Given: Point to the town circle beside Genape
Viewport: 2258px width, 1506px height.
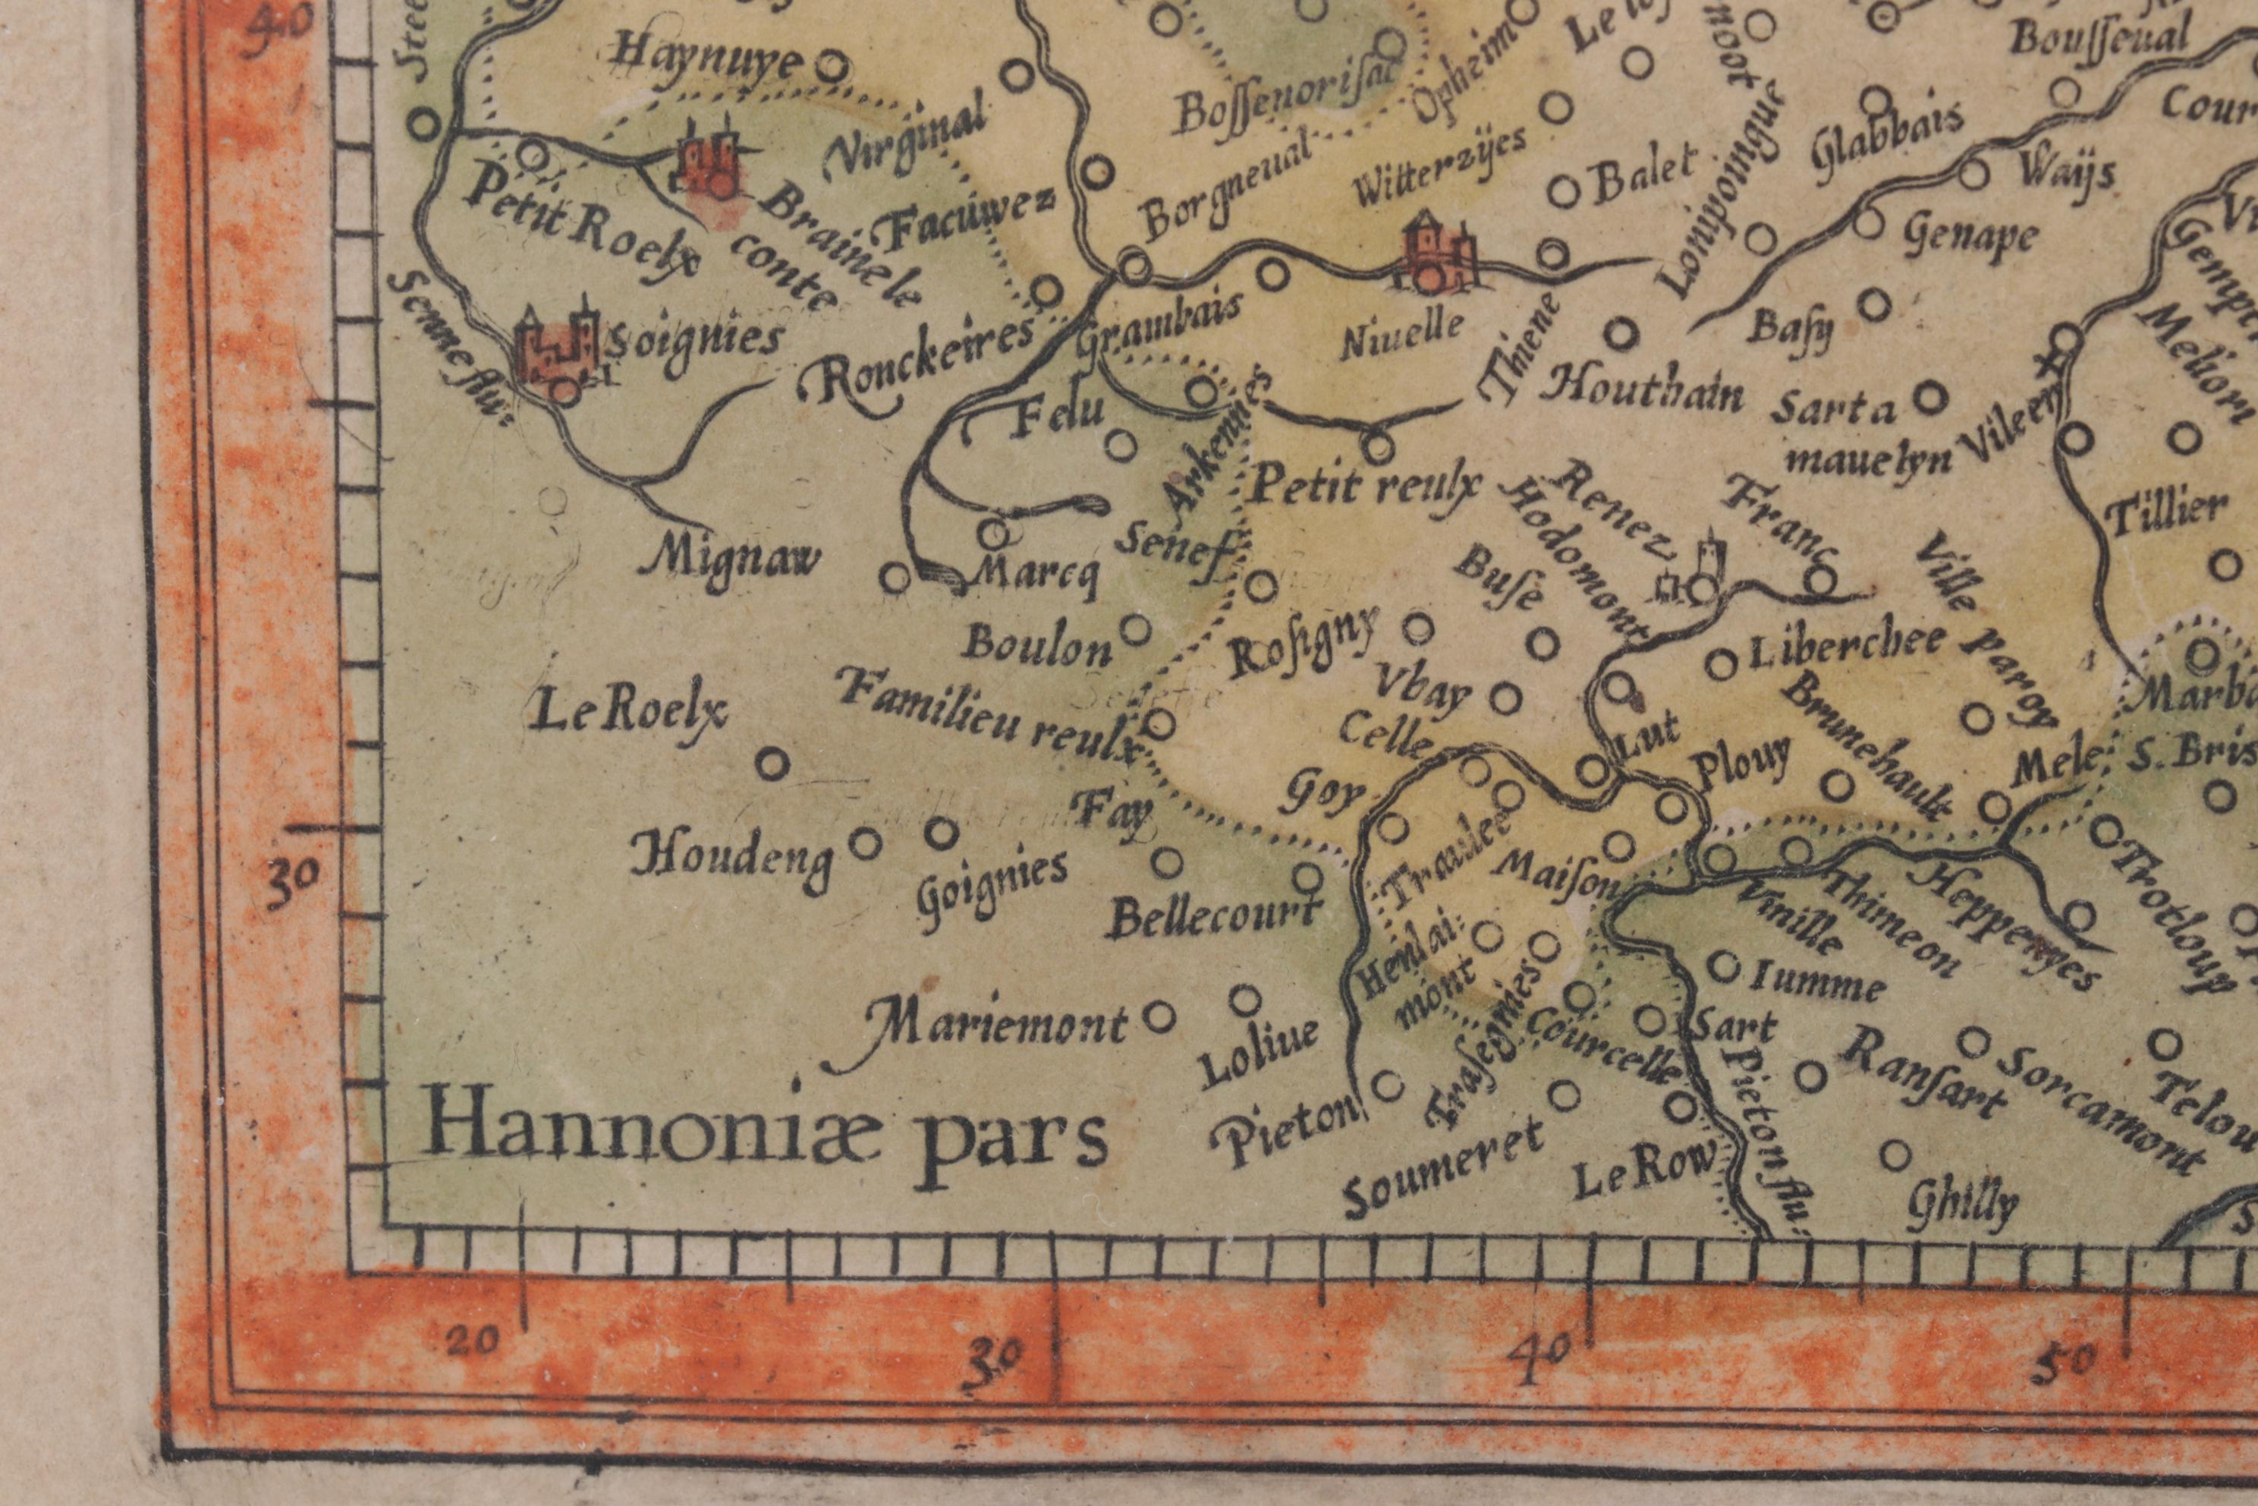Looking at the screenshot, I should [x=1865, y=222].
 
